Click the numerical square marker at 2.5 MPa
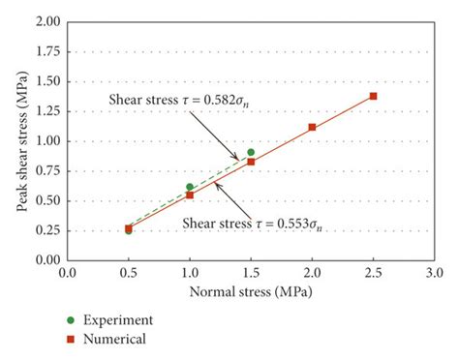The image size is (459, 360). point(373,96)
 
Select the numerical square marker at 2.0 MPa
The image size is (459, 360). point(312,127)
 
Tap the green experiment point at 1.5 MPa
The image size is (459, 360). point(251,152)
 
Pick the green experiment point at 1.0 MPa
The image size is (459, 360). point(190,187)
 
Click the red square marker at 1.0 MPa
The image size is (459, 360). point(190,195)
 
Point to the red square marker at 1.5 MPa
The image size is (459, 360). point(251,162)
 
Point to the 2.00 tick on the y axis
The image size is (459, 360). point(44,20)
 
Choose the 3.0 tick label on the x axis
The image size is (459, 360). point(433,274)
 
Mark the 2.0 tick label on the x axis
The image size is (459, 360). point(312,274)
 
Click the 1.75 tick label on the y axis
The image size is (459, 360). point(44,51)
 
